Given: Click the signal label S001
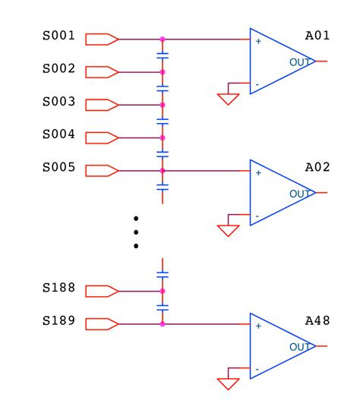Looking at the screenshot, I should coord(58,36).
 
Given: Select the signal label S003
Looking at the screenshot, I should coord(58,102).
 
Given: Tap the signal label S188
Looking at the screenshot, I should coord(58,288).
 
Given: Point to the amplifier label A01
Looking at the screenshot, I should coord(317,36).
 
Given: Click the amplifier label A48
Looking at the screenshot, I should coord(317,320).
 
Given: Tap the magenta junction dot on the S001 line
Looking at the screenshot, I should coord(163,39).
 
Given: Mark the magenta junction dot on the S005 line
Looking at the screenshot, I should coord(163,171).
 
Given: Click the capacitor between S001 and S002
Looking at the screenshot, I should coord(163,55).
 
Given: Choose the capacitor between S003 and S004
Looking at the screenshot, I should coord(163,121).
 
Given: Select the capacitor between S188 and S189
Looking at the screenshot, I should coord(163,307).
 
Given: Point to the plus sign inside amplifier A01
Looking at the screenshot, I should coord(258,41).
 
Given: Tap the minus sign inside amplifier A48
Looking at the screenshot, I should coord(258,369).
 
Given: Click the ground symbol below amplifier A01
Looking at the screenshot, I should coord(228,99).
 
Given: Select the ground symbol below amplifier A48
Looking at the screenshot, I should coord(228,383).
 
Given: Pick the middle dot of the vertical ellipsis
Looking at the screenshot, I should coord(136,232).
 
